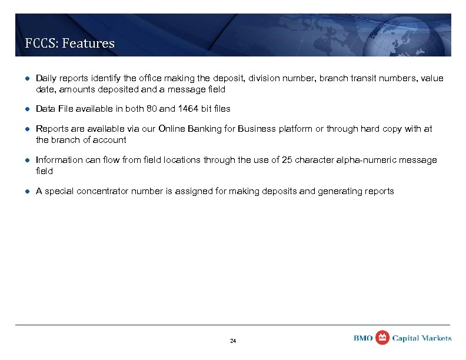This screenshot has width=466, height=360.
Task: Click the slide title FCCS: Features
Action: pos(69,43)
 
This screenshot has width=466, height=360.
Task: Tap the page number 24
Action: pos(233,341)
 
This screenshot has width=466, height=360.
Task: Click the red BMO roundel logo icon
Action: pos(382,337)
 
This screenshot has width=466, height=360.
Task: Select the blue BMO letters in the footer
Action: pos(363,338)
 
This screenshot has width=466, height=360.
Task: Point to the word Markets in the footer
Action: pos(437,338)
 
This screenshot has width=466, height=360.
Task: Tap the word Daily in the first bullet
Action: pos(46,78)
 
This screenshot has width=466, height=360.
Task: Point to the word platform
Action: pos(295,129)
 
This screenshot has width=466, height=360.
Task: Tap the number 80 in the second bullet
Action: pos(159,109)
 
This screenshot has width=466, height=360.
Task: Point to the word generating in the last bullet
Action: pos(341,191)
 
